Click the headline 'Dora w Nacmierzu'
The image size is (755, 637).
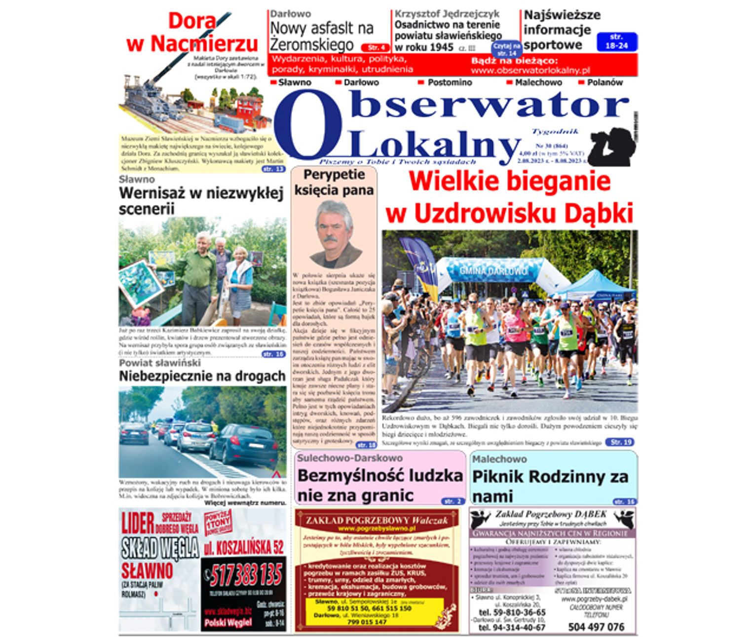(192, 33)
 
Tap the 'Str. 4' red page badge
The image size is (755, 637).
(376, 48)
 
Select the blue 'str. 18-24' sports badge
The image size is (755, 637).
(616, 41)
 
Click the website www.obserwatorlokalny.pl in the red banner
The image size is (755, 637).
(530, 71)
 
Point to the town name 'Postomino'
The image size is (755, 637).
(449, 82)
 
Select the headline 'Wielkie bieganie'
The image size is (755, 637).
(510, 181)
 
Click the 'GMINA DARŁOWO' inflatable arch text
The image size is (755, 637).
(493, 271)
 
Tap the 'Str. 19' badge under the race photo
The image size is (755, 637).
(620, 442)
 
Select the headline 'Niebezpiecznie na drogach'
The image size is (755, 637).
(202, 376)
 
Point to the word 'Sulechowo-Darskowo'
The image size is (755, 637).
(349, 458)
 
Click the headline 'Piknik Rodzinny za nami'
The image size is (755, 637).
(550, 486)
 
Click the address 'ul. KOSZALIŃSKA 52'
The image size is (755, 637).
(244, 547)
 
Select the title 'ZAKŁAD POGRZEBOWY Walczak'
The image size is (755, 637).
(377, 520)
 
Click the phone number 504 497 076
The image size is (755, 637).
(596, 627)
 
